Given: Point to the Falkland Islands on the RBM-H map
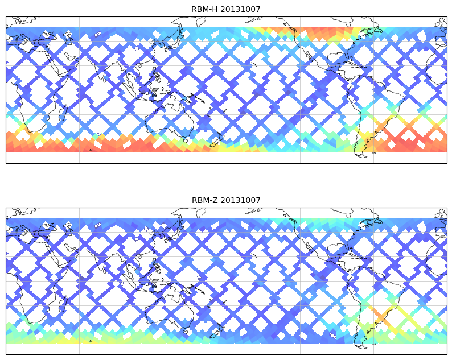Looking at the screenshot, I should click(x=374, y=153).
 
